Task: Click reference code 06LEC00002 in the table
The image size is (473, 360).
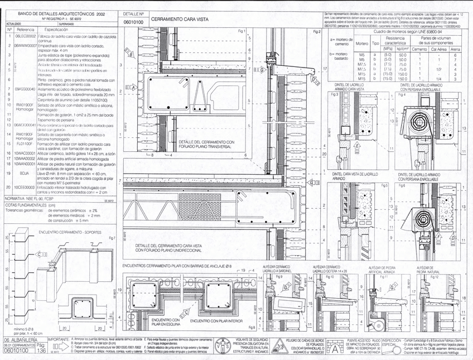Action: pos(25,35)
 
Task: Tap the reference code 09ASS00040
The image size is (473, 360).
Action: pos(25,88)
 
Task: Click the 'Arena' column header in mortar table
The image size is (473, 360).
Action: pos(455,49)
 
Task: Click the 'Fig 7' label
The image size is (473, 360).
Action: pos(112,238)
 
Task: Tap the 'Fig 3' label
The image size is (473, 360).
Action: pos(335,95)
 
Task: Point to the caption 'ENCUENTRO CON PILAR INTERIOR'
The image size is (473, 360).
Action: pos(213,321)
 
